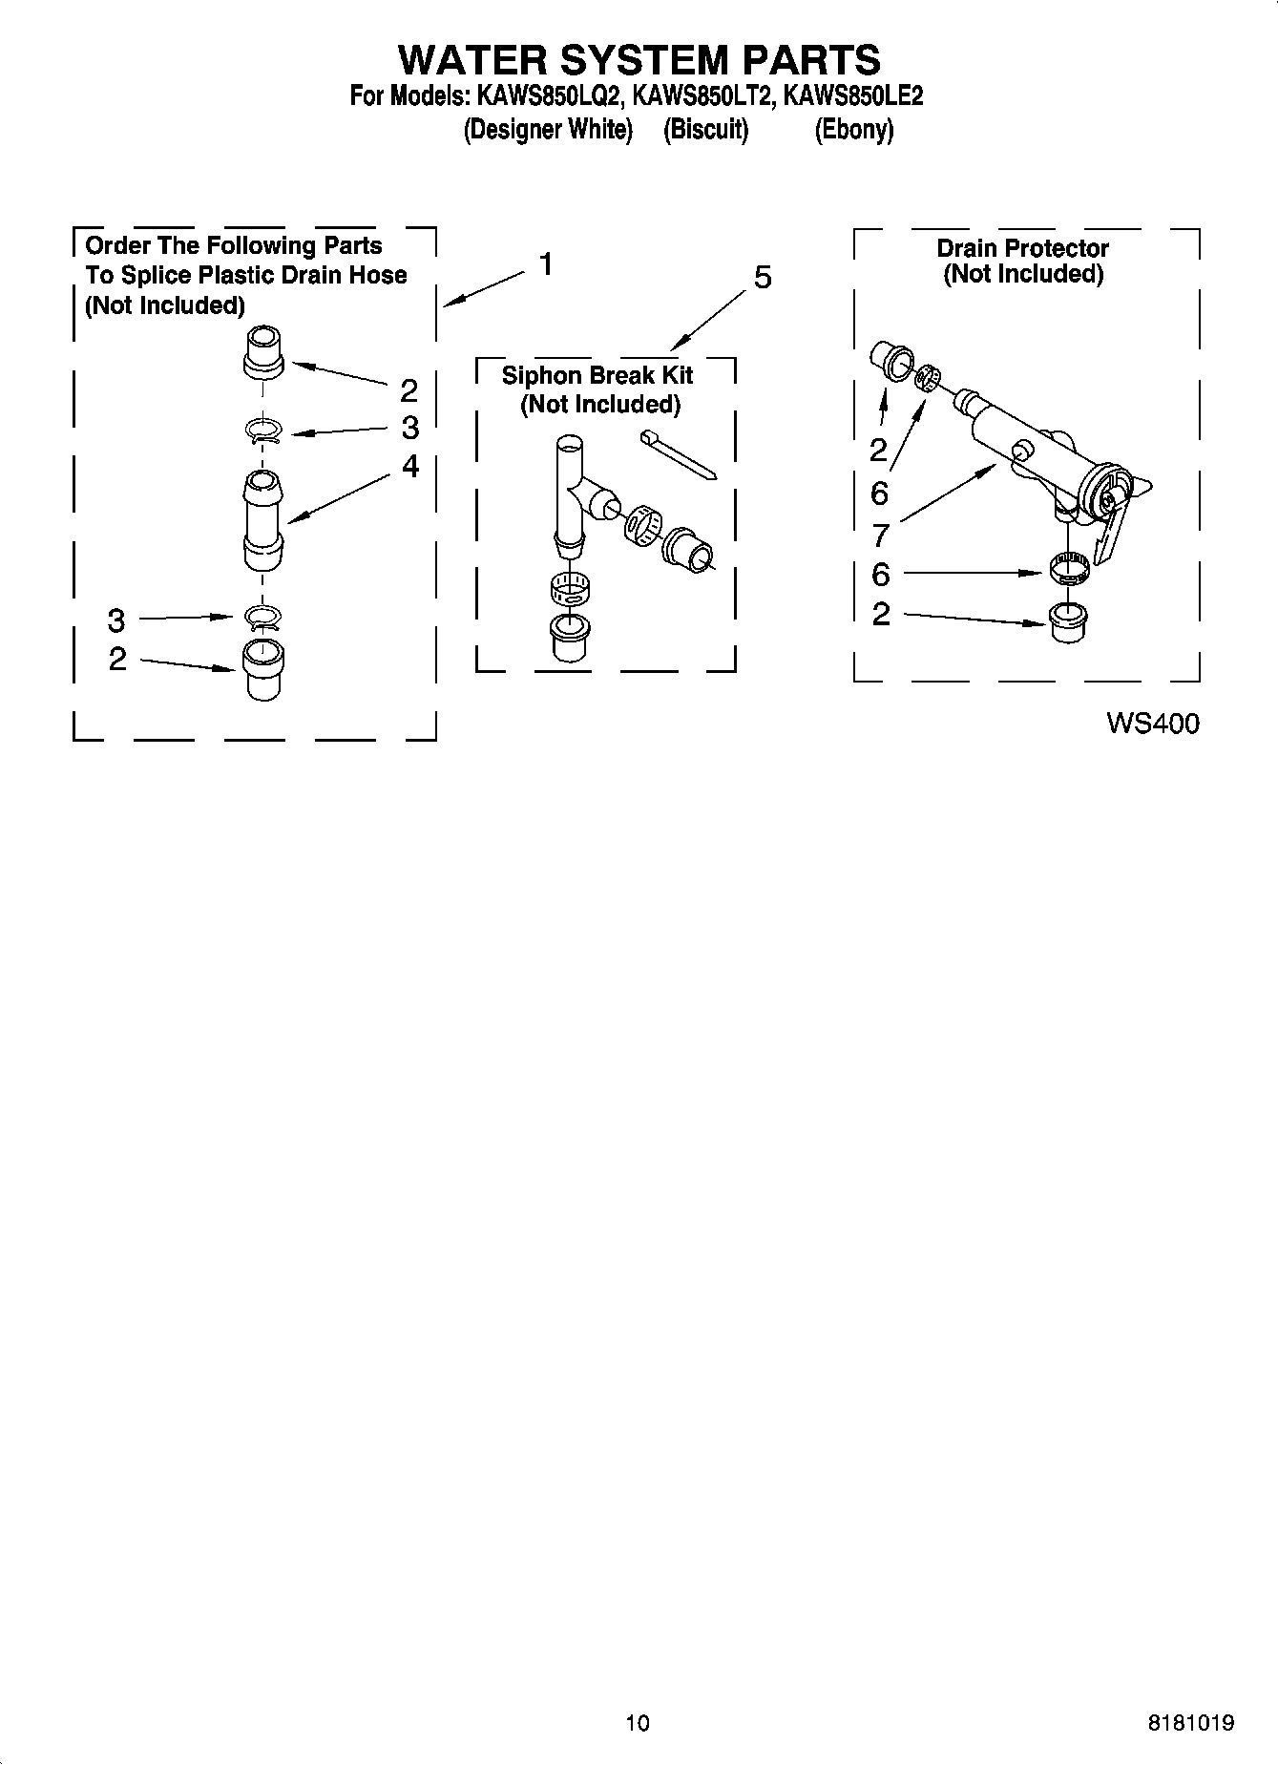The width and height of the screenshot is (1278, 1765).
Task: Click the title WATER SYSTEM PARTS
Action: pyautogui.click(x=639, y=59)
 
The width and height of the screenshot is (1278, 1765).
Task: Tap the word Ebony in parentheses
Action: pyautogui.click(x=853, y=130)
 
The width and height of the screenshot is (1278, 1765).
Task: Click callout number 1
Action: pyautogui.click(x=546, y=263)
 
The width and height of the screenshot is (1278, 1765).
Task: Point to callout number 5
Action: pyautogui.click(x=762, y=278)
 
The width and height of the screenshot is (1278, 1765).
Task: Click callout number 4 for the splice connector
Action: pyautogui.click(x=409, y=466)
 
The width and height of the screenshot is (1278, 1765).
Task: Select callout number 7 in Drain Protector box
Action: pyautogui.click(x=880, y=535)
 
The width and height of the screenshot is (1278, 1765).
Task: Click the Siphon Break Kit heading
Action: pyautogui.click(x=598, y=375)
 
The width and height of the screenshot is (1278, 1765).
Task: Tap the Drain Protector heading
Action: pyautogui.click(x=1022, y=249)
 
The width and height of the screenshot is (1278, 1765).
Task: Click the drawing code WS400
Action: pyautogui.click(x=1152, y=724)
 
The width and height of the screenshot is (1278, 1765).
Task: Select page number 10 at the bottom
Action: pyautogui.click(x=638, y=1723)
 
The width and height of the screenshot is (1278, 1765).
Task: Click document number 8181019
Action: pyautogui.click(x=1190, y=1723)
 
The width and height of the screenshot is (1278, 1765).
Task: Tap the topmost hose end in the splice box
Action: pyautogui.click(x=263, y=352)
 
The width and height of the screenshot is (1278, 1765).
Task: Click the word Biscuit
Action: pyautogui.click(x=705, y=130)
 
